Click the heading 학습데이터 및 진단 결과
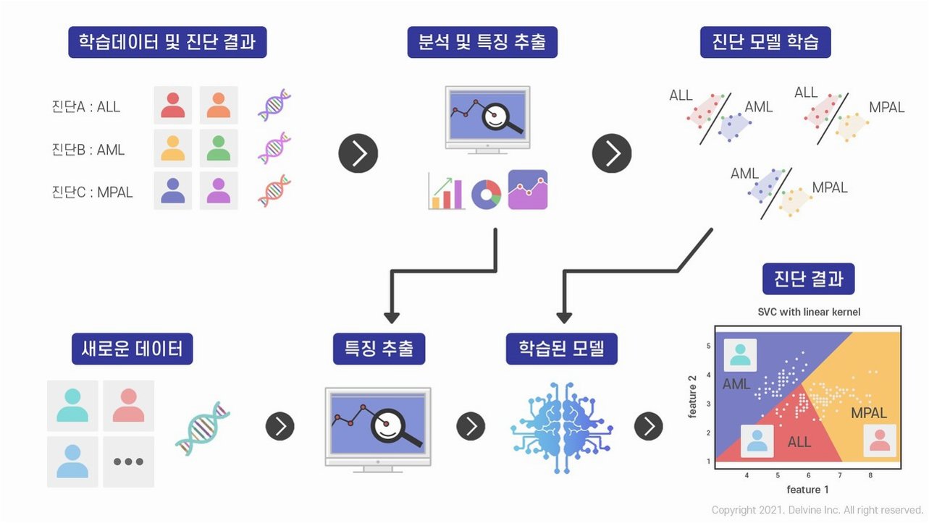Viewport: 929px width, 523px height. point(167,42)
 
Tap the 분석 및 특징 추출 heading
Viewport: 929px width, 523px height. point(482,42)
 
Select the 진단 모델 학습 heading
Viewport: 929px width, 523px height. point(765,42)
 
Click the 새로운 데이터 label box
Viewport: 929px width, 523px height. point(133,349)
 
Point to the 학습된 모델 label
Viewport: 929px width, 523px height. point(561,349)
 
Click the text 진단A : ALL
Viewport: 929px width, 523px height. point(86,107)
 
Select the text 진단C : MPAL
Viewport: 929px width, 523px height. point(93,192)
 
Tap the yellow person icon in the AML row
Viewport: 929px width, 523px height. point(173,148)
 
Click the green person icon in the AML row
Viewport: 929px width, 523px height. point(219,148)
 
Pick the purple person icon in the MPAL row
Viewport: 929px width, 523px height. point(219,191)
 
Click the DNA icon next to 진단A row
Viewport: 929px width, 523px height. point(274,105)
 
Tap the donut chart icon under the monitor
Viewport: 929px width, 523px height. point(486,194)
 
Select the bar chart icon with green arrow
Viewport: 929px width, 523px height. point(446,191)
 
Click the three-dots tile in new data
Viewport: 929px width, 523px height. point(129,462)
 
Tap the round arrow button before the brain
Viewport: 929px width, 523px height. point(471,426)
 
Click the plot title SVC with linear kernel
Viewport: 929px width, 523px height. point(809,312)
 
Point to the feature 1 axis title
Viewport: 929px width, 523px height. point(808,490)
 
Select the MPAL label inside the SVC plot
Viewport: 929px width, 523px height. point(869,413)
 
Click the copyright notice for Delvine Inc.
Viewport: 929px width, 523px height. point(817,510)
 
